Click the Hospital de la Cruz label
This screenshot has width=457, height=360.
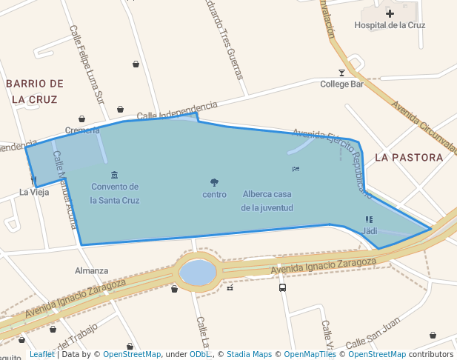[x=390, y=25]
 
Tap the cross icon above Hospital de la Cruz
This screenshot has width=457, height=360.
[x=390, y=13]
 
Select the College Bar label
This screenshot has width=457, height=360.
[x=341, y=84]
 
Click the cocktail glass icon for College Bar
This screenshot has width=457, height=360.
[x=341, y=73]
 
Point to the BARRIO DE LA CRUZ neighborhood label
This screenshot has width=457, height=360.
[x=35, y=91]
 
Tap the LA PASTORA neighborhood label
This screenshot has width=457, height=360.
[x=409, y=157]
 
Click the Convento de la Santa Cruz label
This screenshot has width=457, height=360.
[x=115, y=193]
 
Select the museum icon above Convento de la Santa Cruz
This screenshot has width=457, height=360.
[x=114, y=175]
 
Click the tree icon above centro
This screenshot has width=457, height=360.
[x=214, y=182]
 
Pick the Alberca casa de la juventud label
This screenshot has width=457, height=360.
[x=267, y=201]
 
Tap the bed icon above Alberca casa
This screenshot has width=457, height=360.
[x=296, y=169]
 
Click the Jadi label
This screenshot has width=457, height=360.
[x=370, y=231]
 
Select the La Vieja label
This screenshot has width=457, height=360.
[x=34, y=193]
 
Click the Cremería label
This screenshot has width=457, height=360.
[x=82, y=130]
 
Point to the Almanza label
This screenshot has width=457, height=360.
[x=91, y=270]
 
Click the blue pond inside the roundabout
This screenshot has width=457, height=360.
[x=198, y=272]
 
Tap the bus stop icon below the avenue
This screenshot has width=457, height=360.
[x=282, y=287]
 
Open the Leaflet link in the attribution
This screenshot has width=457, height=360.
[x=41, y=354]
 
